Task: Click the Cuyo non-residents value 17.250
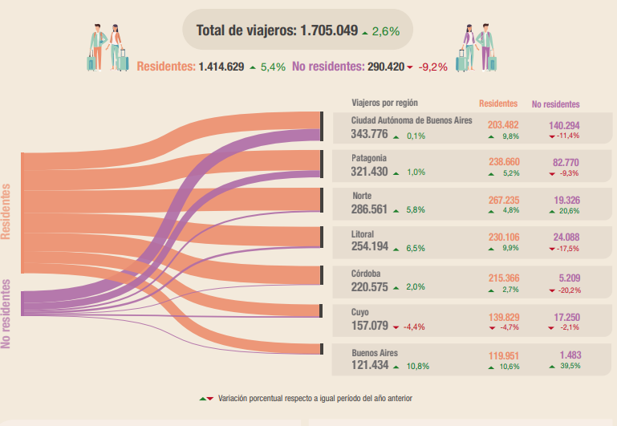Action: point(566,318)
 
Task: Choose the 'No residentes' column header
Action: point(555,104)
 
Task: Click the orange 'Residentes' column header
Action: point(497,103)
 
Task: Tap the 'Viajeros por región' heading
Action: point(384,103)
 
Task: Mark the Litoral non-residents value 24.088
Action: point(566,237)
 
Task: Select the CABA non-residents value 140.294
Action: point(565,125)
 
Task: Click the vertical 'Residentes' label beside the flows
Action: point(7,211)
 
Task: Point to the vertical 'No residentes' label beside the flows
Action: point(7,313)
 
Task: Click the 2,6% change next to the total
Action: point(386,31)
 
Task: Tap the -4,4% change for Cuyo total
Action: point(419,327)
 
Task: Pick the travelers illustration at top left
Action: point(107,47)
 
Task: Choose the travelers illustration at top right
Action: point(479,46)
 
